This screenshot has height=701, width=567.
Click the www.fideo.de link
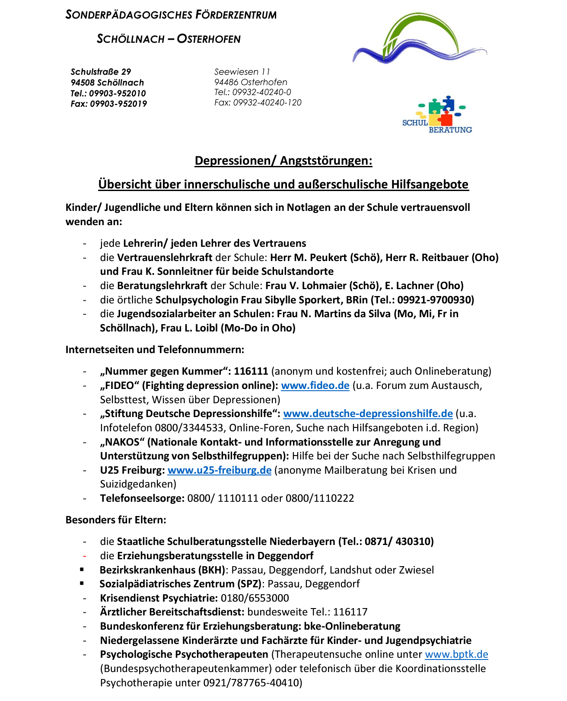315,386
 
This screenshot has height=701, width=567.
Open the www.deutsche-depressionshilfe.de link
368,414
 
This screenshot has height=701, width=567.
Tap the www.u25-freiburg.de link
219,470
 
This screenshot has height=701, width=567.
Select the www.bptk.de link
456,654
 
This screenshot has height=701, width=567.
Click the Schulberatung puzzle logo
437,115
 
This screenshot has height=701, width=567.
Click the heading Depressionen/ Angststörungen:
283,161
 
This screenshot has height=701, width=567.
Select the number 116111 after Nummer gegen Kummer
251,371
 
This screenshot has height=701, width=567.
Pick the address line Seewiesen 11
242,72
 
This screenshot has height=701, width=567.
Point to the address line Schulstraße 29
101,72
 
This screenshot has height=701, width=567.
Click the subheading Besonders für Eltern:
115,520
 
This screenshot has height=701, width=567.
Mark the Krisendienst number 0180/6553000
255,598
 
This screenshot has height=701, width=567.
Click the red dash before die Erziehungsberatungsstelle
85,556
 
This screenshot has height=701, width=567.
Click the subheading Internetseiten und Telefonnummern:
155,350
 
